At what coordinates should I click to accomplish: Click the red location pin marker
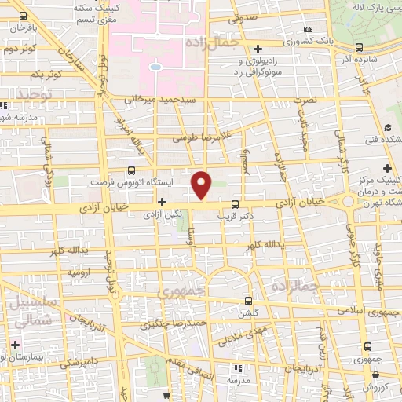(x=202, y=185)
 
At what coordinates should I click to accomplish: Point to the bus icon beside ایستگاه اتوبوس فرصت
(x=131, y=170)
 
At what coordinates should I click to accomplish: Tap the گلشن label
(x=248, y=312)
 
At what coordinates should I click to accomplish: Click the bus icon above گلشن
(x=248, y=301)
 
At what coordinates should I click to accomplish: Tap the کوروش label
(x=377, y=387)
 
